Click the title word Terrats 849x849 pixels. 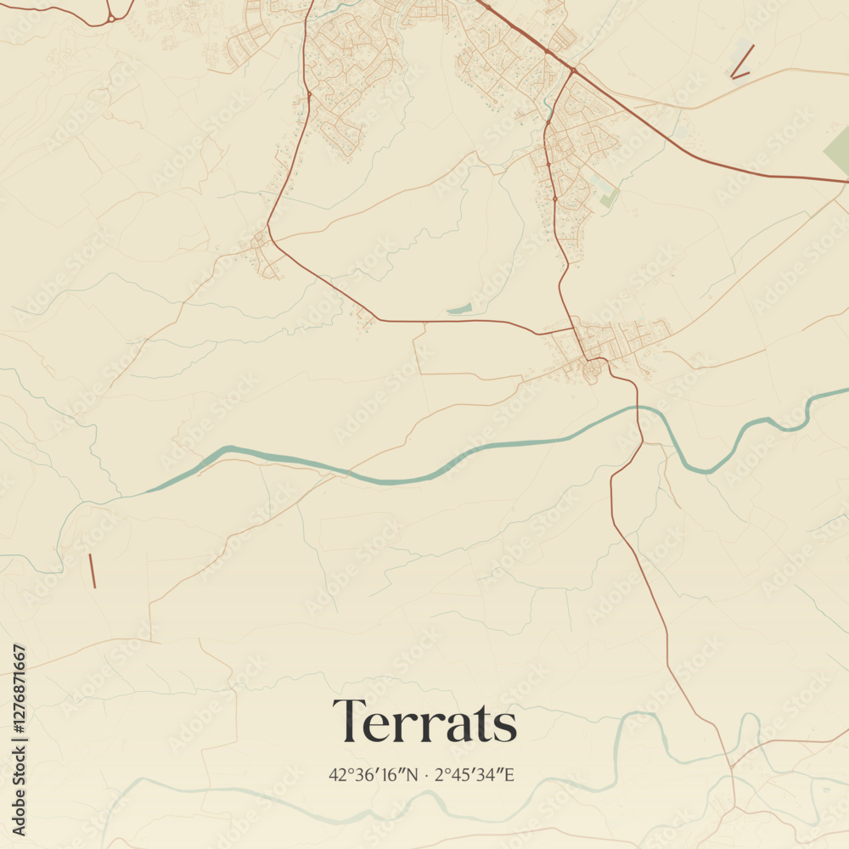tap(424, 722)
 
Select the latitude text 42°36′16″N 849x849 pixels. tap(374, 774)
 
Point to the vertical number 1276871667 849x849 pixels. tap(20, 740)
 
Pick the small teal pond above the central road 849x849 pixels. tap(458, 309)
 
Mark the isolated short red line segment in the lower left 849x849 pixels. tap(92, 571)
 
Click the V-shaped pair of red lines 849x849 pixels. tap(740, 65)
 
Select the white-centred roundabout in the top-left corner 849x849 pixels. tap(110, 18)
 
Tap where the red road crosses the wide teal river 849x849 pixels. tap(640, 410)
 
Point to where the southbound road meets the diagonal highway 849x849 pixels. tap(574, 70)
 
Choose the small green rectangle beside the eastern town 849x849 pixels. tap(609, 198)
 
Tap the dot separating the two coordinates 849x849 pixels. tap(426, 775)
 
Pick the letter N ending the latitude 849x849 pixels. tap(413, 774)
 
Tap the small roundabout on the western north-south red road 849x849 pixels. tap(308, 95)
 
